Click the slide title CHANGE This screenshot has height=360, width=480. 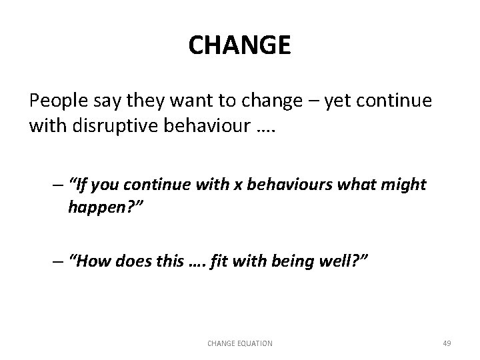pos(239,46)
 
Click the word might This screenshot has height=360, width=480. pos(403,185)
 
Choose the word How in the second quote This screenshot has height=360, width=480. pos(91,261)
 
